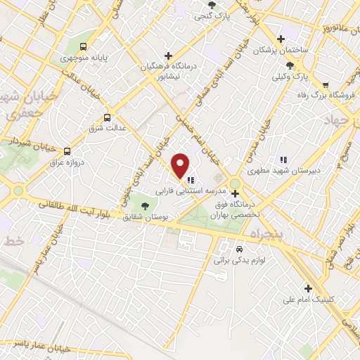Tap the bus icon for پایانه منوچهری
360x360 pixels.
[84, 47]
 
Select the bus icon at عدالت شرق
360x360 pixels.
[107, 117]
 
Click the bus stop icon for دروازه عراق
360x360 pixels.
[67, 150]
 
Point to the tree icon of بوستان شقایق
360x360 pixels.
[145, 206]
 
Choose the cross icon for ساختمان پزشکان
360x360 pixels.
[281, 39]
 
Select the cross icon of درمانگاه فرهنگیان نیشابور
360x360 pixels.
[167, 56]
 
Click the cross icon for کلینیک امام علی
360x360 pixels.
[307, 288]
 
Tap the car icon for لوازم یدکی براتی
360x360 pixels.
[239, 250]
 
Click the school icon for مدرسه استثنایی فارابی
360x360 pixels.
[191, 180]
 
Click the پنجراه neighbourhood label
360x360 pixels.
[264, 232]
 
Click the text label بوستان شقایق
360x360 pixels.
[143, 217]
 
